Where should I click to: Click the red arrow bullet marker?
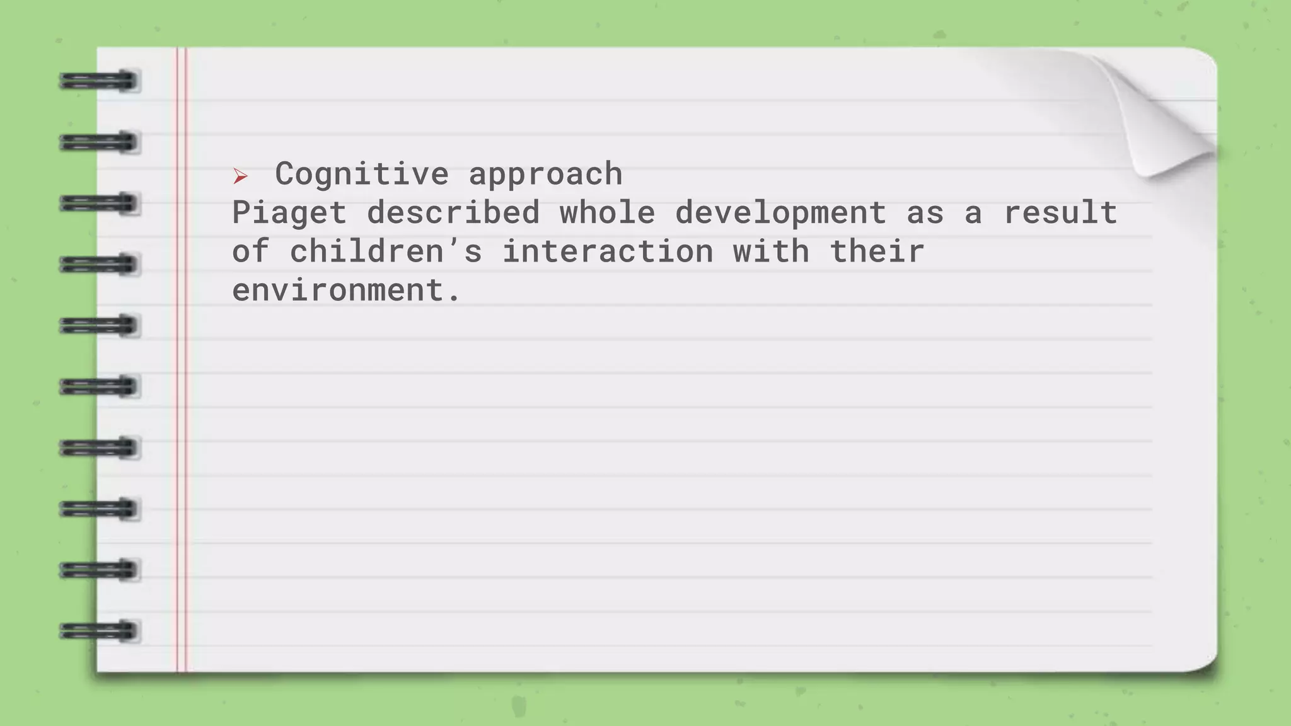click(x=240, y=176)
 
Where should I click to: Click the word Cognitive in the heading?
click(x=362, y=174)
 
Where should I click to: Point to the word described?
click(x=453, y=212)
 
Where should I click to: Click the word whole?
click(x=607, y=212)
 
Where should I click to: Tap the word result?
click(x=1060, y=212)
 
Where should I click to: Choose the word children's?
click(x=386, y=251)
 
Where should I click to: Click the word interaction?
click(x=608, y=251)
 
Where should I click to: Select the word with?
click(x=770, y=251)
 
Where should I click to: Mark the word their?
click(x=877, y=251)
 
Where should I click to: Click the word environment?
click(x=338, y=291)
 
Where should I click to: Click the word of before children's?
click(x=251, y=251)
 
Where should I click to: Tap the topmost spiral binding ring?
click(x=99, y=81)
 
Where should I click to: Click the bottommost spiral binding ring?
click(x=99, y=631)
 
